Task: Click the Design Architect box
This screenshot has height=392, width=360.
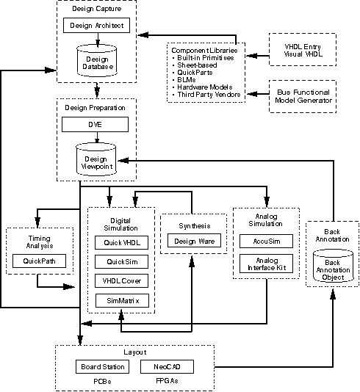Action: coord(96,25)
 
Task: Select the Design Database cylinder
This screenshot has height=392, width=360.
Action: coord(96,61)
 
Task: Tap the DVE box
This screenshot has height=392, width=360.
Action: coord(95,125)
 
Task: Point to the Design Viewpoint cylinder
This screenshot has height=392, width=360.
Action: coord(96,159)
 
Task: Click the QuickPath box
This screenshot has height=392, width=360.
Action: coord(39,261)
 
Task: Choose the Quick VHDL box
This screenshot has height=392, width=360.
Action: coord(121,242)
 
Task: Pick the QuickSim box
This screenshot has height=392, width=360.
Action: coord(121,262)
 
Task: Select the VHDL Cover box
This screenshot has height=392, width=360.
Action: coord(121,280)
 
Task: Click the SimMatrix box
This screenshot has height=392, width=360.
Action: coord(123,300)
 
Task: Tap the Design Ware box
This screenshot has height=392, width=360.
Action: coord(195,241)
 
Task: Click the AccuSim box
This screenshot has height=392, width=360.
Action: coord(266,242)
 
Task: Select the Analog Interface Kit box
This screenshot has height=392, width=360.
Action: coord(266,264)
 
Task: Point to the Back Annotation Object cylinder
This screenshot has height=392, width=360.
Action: coord(334,266)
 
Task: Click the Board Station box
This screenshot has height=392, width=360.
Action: coord(103,367)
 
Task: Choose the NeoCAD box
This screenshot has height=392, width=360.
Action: coord(167,367)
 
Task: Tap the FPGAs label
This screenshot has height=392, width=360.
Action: coord(167,381)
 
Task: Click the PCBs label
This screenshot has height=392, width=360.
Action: coord(102,382)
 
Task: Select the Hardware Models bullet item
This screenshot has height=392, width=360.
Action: coord(202,87)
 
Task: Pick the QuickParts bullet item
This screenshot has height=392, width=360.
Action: coord(192,73)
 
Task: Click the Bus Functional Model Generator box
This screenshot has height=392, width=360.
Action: coord(303,96)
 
